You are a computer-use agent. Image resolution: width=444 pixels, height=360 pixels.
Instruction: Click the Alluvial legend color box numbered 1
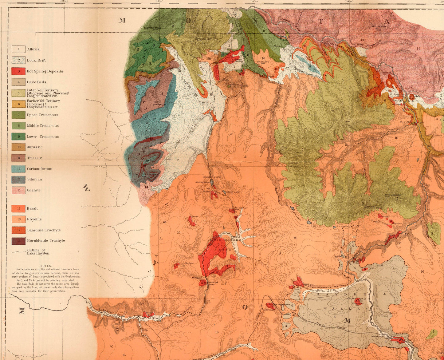coord(18,49)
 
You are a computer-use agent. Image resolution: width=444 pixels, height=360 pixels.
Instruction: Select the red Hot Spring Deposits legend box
coord(18,71)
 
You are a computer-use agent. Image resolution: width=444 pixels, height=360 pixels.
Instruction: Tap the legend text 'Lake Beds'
coord(36,82)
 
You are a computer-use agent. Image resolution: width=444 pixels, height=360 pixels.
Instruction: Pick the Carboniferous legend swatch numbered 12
coord(18,169)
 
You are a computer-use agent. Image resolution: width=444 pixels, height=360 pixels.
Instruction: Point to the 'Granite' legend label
coord(33,190)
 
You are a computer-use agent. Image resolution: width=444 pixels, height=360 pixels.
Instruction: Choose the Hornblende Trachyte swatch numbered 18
coord(18,241)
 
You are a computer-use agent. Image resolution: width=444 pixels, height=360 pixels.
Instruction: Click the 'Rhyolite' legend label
coord(34,219)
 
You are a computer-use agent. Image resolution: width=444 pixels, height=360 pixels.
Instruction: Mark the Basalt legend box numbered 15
coord(18,208)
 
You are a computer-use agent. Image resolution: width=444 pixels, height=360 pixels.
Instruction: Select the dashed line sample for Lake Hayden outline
coord(18,252)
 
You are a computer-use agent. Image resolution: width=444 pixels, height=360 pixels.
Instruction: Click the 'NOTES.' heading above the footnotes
coord(46,266)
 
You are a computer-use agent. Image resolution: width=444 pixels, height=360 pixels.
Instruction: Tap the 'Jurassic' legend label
coord(34,147)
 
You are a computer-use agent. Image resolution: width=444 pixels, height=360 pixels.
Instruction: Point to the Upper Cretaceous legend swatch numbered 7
coord(18,115)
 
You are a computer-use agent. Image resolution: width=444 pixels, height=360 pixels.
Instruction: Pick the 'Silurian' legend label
coord(34,179)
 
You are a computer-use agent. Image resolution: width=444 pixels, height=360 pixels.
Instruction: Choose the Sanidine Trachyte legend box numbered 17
coord(18,230)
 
